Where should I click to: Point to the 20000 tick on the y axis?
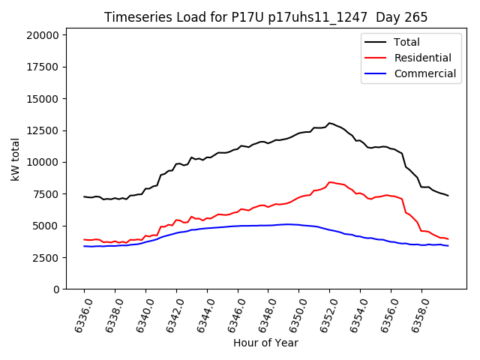(41, 35)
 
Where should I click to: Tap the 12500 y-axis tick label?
(41, 130)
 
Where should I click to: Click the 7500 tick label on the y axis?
(44, 194)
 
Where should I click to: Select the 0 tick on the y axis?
(55, 289)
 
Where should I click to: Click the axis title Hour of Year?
(265, 343)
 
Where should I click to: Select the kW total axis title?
(15, 162)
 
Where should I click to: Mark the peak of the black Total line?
(329, 123)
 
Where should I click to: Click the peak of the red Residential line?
(330, 181)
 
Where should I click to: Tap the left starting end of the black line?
(84, 196)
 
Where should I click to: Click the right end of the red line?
(448, 239)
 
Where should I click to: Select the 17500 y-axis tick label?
(41, 67)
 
